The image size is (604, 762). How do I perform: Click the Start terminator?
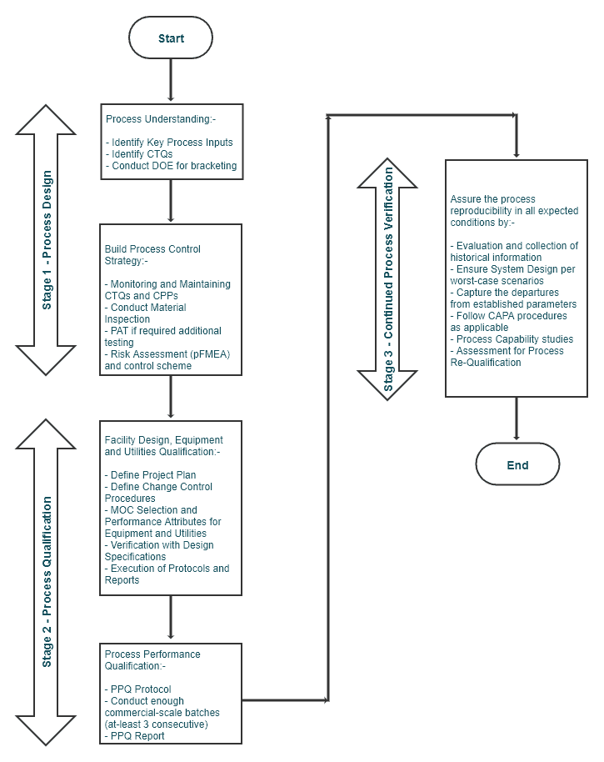[x=171, y=38]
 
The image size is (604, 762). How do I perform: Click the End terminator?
[x=517, y=464]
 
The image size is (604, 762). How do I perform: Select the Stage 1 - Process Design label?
[x=47, y=240]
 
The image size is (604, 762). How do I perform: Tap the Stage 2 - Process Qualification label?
[x=47, y=581]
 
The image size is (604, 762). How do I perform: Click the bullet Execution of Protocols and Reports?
[x=166, y=574]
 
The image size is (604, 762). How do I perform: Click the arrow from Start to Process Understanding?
[x=171, y=81]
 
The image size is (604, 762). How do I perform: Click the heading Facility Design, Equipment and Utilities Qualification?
[x=163, y=446]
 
